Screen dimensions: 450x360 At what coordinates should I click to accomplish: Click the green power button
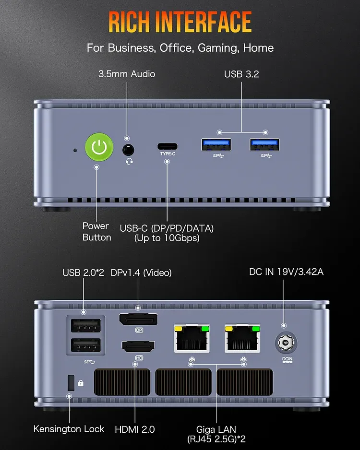click(x=99, y=148)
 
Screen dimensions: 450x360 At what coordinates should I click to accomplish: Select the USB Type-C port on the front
click(x=167, y=146)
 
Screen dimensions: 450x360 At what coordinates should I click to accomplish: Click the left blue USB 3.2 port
click(x=215, y=144)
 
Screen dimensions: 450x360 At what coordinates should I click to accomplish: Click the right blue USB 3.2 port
click(x=264, y=144)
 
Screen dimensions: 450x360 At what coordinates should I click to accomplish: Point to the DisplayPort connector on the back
click(x=139, y=319)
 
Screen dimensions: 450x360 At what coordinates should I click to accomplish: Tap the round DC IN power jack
click(x=286, y=343)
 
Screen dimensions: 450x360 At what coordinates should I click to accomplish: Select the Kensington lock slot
click(x=71, y=382)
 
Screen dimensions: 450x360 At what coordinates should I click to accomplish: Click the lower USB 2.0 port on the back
click(x=85, y=346)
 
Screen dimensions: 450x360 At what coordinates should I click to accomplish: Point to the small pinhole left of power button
click(x=74, y=150)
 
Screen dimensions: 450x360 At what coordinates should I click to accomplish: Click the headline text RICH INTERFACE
click(x=180, y=22)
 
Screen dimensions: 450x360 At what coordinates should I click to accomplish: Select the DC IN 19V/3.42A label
click(x=286, y=272)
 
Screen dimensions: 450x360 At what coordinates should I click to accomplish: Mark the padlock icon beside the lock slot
click(x=81, y=383)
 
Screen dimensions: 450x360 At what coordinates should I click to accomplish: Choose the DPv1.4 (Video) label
click(x=141, y=272)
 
